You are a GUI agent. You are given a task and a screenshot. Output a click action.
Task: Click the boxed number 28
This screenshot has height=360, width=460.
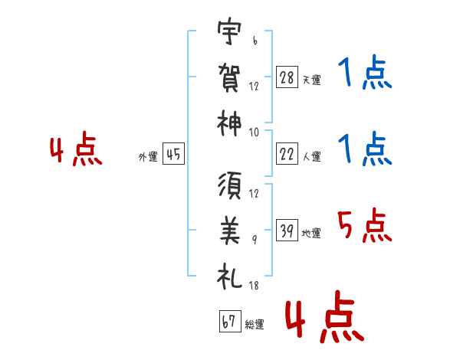pyautogui.click(x=287, y=78)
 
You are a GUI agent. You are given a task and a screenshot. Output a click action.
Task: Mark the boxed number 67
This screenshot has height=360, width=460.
pyautogui.click(x=228, y=322)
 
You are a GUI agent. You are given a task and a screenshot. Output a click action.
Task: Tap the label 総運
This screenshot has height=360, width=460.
pyautogui.click(x=255, y=325)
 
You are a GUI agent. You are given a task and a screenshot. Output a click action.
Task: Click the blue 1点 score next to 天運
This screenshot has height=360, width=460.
pyautogui.click(x=364, y=74)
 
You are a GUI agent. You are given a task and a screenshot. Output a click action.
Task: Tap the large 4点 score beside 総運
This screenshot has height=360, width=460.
pyautogui.click(x=321, y=321)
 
